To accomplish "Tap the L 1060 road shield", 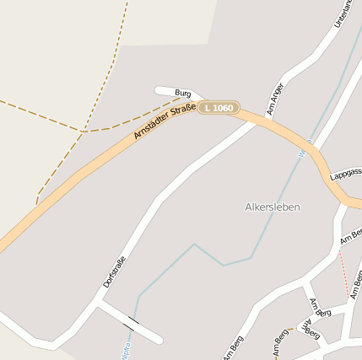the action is click(219, 108).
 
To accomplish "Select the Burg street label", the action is click(183, 92).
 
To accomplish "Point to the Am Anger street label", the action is click(275, 98).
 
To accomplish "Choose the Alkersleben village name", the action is click(273, 207).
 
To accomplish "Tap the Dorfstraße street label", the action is click(114, 271).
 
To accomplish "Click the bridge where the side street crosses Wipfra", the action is click(132, 323).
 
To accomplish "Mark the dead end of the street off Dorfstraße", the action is click(159, 340).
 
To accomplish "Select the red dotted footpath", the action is click(343, 271).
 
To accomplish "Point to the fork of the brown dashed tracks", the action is click(84, 132).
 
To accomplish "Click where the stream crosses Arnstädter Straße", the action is click(310, 148).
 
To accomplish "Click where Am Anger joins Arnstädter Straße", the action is click(257, 121).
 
